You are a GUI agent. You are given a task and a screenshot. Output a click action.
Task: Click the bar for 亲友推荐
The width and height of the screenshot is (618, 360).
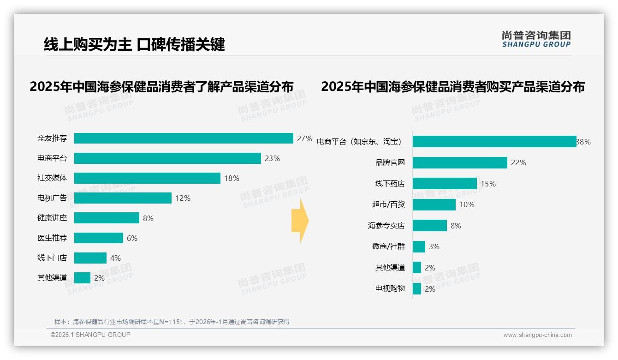(184, 138)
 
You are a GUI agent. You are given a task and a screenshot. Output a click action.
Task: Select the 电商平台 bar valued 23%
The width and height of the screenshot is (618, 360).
(167, 158)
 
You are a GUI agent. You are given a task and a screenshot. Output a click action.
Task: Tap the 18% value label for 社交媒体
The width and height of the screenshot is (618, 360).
(232, 178)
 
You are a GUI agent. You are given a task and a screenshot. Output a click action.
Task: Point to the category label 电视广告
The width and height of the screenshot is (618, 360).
(52, 198)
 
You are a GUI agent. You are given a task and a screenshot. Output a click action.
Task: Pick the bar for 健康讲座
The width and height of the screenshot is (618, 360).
(107, 218)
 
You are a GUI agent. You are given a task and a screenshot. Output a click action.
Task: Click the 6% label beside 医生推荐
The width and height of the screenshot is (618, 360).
(132, 238)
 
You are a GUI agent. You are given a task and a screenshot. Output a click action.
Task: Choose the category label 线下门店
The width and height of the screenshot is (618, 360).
(52, 258)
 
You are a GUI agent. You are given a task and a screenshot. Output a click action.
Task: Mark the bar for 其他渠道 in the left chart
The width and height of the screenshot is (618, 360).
(82, 278)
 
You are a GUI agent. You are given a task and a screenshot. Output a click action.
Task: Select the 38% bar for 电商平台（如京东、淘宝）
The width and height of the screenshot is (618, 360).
(494, 142)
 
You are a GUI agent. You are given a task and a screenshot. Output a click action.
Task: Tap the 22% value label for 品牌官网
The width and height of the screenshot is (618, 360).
(518, 162)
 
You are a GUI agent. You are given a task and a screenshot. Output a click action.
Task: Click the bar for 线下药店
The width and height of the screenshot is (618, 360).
(445, 184)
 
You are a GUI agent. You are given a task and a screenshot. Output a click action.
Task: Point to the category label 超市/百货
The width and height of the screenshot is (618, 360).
(388, 204)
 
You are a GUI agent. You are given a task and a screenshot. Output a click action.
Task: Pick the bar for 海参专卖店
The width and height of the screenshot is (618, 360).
(429, 226)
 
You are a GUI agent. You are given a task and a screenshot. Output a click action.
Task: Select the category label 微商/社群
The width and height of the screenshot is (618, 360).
(388, 246)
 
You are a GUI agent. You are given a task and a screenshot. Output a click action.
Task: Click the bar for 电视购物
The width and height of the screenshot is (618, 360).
(417, 289)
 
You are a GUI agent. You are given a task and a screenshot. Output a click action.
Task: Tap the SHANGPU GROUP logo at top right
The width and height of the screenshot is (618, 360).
(536, 39)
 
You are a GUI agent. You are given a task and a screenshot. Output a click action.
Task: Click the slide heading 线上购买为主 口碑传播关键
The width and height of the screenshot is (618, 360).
(134, 44)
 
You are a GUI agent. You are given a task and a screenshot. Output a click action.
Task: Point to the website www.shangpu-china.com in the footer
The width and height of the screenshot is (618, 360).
(537, 335)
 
